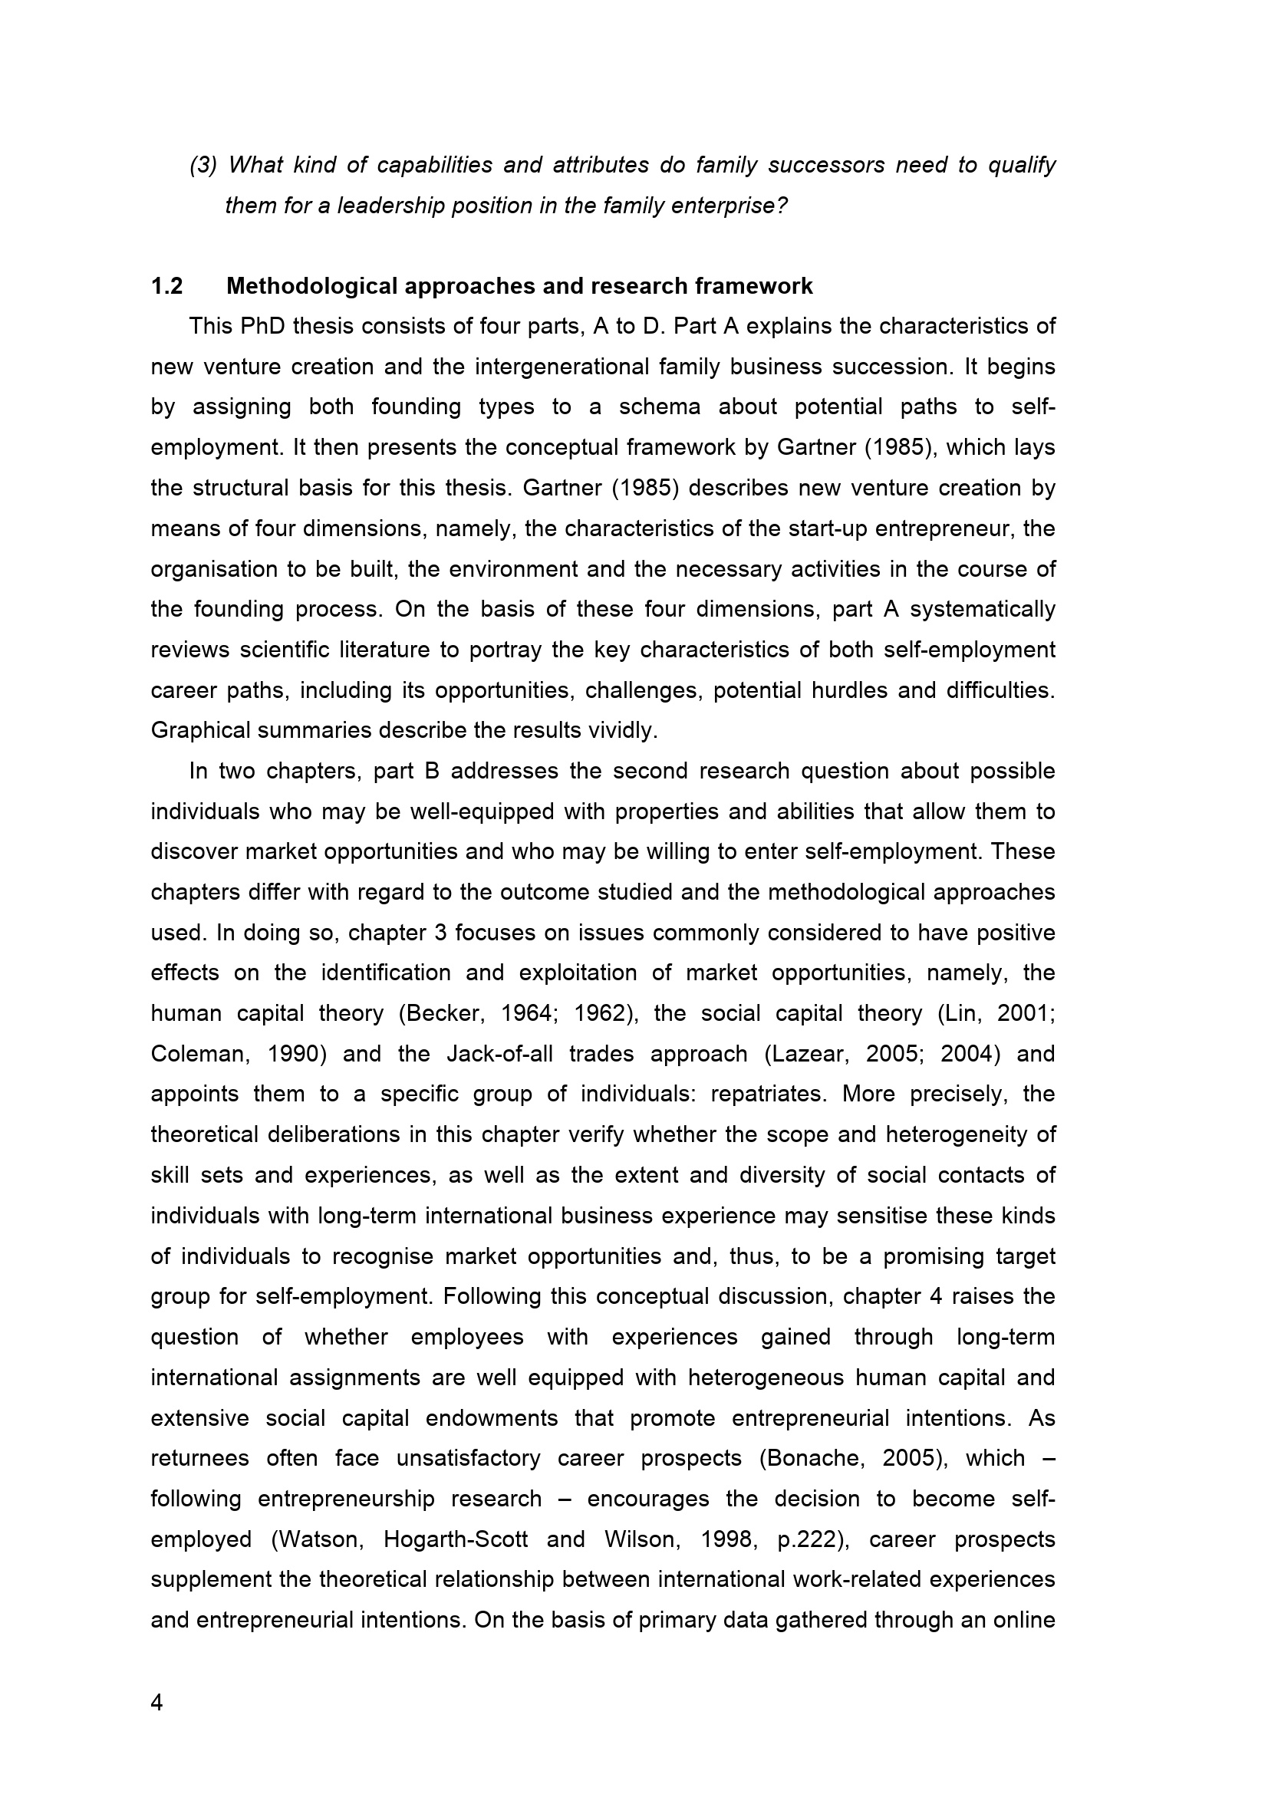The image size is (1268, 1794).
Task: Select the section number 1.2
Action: click(166, 287)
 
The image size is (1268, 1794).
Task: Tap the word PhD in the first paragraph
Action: click(262, 327)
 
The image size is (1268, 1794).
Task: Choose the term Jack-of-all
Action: click(501, 1055)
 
